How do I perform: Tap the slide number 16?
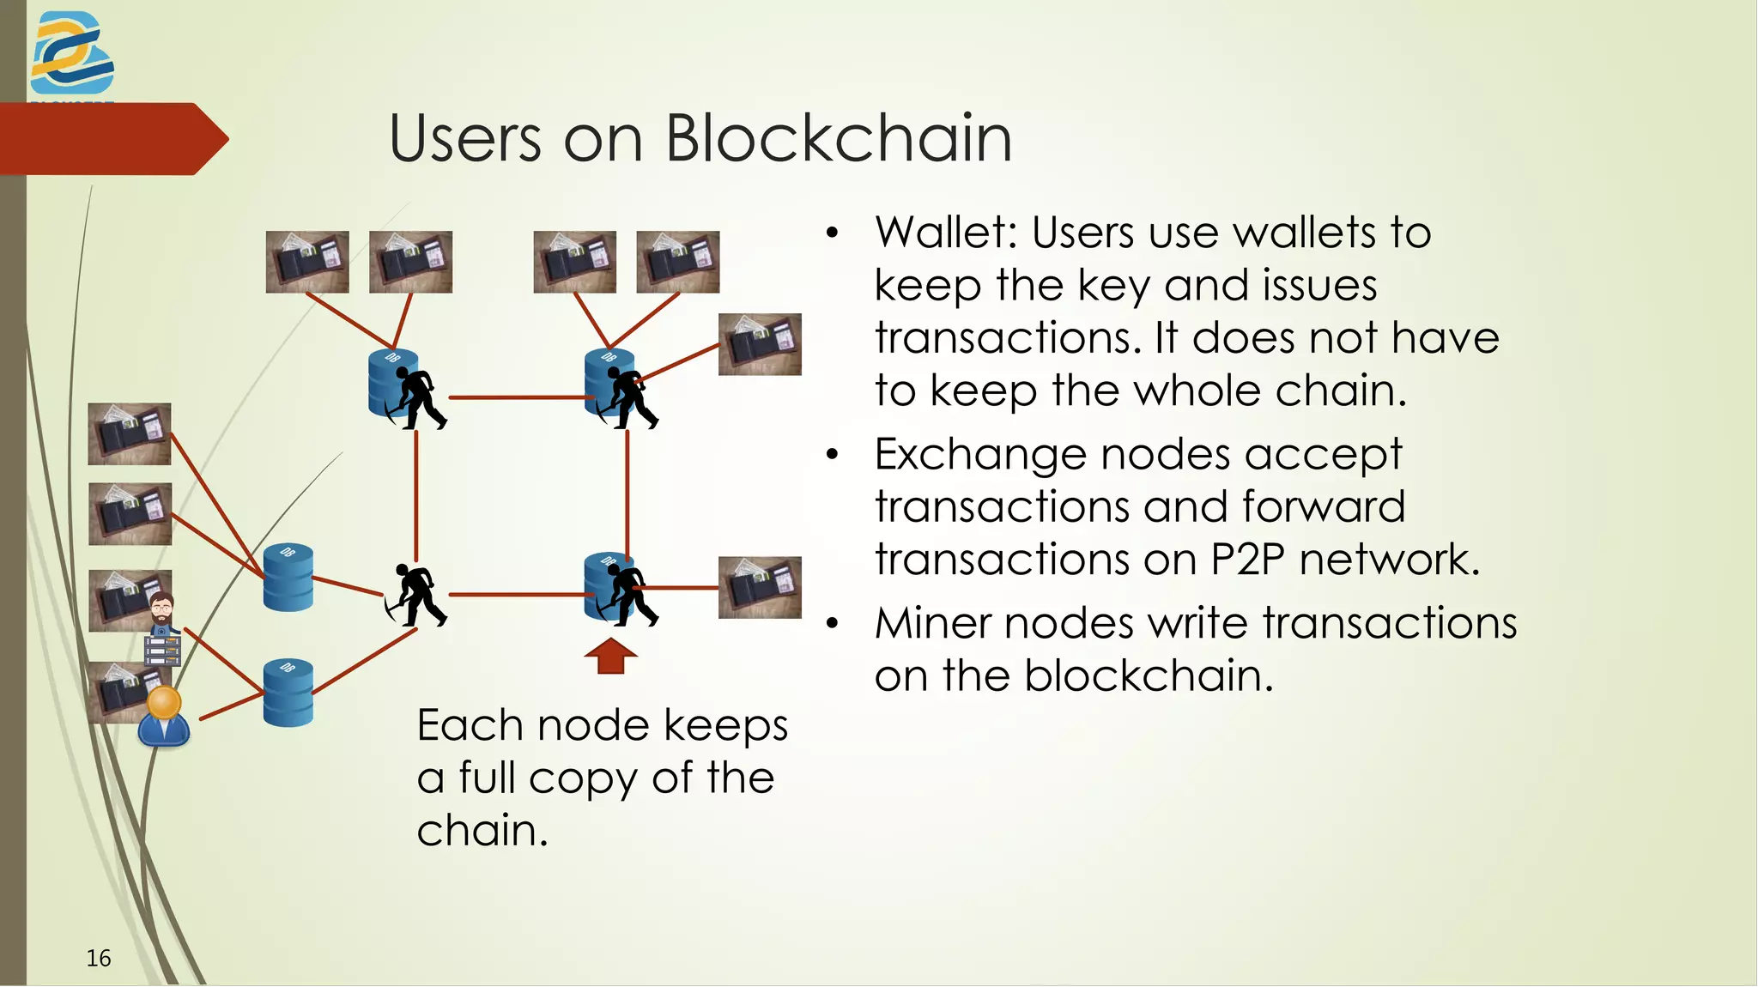[99, 958]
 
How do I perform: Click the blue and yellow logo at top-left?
[72, 53]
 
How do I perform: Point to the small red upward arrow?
[610, 656]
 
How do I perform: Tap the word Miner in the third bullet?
[932, 623]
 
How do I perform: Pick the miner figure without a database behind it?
[415, 594]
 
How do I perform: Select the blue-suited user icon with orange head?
[164, 717]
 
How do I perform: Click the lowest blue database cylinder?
[288, 693]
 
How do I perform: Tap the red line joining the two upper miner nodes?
[517, 397]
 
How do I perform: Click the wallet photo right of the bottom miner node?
[760, 588]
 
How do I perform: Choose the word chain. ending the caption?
[482, 831]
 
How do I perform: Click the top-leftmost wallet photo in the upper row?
[307, 262]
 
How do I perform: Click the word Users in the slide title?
[464, 138]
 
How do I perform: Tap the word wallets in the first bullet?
[1288, 233]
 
